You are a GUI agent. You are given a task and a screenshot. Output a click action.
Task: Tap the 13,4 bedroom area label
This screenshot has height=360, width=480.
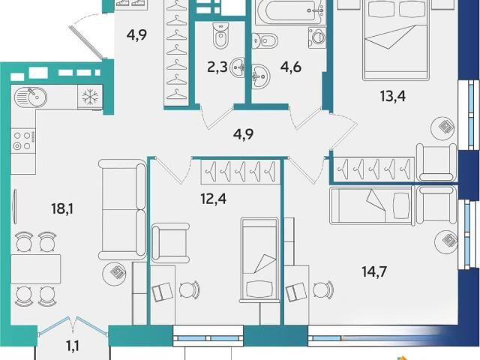coord(393,96)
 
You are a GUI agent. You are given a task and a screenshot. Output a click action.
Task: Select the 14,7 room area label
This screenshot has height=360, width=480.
coord(375,271)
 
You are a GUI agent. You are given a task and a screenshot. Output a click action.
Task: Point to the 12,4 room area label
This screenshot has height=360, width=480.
coord(213,199)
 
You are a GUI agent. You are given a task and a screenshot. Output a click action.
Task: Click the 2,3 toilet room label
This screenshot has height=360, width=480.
coord(217,67)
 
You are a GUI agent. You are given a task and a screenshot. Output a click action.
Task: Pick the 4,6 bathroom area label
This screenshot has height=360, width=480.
coord(291,67)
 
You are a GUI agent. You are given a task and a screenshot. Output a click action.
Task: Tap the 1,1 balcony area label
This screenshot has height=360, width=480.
coord(73,346)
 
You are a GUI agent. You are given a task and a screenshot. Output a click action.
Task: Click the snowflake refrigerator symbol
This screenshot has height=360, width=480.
coord(90,97)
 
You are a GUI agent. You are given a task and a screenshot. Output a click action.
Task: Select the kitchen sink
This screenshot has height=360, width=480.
coord(30,97)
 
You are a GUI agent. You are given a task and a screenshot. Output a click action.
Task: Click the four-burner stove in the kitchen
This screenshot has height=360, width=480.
coord(23,141)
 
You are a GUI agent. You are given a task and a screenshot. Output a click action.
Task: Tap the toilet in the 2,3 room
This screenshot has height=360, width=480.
coord(220,36)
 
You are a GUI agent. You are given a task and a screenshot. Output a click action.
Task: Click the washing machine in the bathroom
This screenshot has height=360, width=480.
coord(317,37)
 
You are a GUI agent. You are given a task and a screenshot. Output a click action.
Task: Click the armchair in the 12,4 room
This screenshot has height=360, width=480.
coord(170,243)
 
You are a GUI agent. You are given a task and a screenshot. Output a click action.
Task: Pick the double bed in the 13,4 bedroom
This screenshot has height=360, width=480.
coord(395,40)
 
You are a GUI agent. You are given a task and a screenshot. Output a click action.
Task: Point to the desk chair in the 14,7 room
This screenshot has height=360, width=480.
coord(324,289)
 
